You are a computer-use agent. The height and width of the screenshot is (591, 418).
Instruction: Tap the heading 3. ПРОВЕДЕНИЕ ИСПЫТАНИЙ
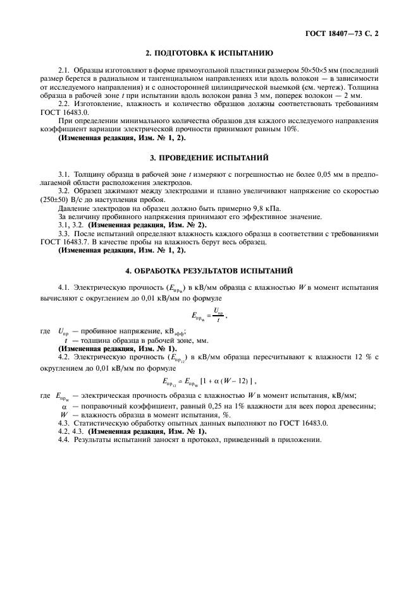coord(209,156)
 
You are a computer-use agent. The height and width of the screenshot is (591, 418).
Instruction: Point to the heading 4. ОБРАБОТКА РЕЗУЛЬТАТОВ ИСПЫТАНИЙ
coord(209,270)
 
